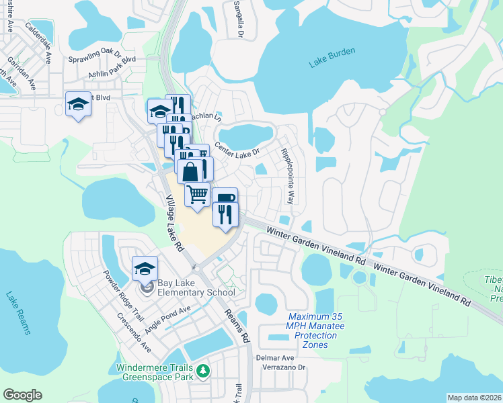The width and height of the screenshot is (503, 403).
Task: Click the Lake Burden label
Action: [332, 62]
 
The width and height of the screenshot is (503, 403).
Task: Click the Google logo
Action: [22, 394]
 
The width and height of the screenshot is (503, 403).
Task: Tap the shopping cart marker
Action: [198, 194]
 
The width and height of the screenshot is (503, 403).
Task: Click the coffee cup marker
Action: [225, 199]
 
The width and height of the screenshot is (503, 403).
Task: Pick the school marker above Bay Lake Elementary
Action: [145, 269]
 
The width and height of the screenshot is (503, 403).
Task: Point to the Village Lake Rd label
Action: [175, 224]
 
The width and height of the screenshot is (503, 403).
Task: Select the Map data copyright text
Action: [473, 398]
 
